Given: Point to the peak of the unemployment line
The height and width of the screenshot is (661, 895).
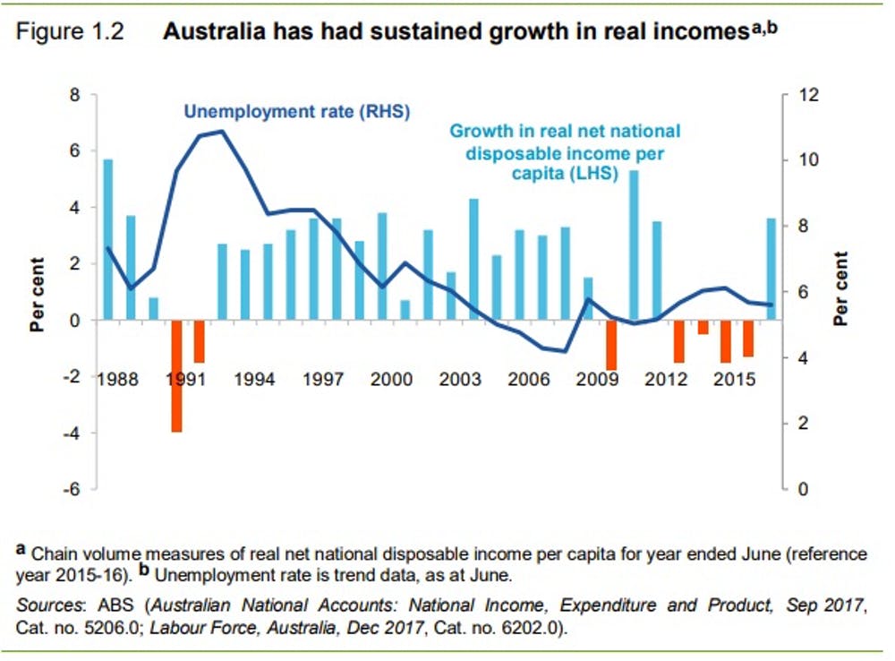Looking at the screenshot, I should tap(221, 132).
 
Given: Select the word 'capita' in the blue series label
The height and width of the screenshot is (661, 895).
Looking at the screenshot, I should tap(533, 175).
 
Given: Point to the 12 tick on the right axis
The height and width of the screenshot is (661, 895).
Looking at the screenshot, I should tap(809, 94).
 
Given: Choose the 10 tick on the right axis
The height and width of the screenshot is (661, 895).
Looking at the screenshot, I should tap(809, 160).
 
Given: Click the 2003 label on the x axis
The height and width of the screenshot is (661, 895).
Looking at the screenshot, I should tap(459, 379).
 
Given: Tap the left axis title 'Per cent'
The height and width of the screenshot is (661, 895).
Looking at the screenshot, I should tap(38, 293).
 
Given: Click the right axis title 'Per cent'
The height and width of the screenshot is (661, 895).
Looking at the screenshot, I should tap(841, 289).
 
